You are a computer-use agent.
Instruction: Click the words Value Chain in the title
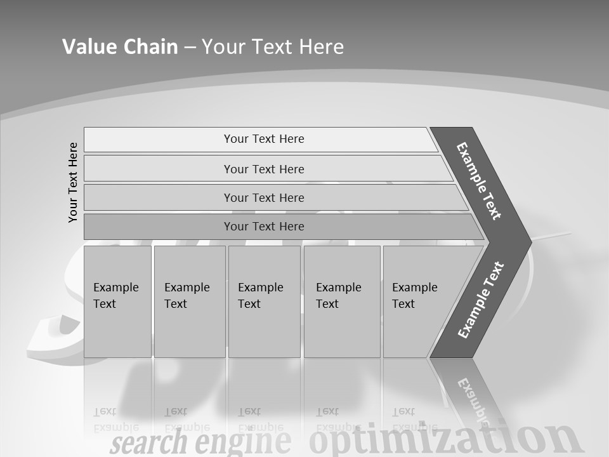click(x=120, y=47)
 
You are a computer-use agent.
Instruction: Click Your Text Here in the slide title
click(x=273, y=47)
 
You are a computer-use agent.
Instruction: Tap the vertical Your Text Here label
click(x=73, y=182)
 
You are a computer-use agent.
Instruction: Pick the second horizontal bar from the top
click(x=263, y=169)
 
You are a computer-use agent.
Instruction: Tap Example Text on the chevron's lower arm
click(x=481, y=300)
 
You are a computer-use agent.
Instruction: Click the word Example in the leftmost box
click(x=115, y=288)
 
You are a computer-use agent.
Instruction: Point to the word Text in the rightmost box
click(x=403, y=304)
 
